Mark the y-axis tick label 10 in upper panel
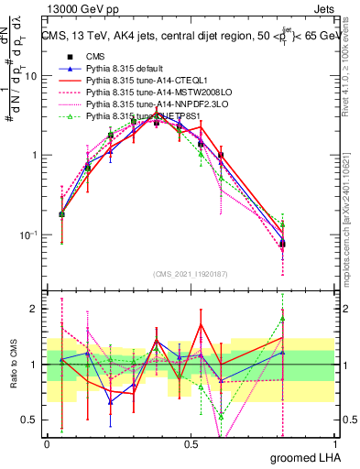pos(30,76)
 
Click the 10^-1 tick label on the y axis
pos(28,234)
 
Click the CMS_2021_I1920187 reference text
pos(191,273)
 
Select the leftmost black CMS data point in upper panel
pos(61,214)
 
